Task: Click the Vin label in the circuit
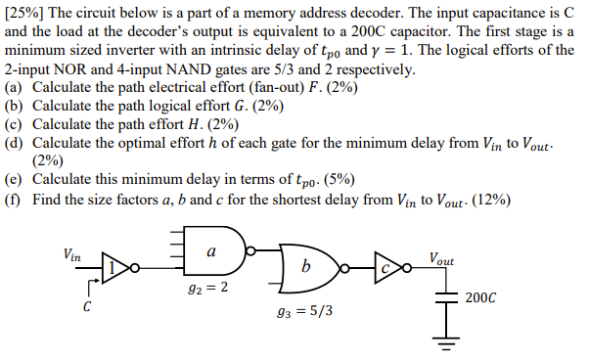71,253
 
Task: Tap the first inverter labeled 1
116,266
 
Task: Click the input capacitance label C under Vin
86,307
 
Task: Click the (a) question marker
14,87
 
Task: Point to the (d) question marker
14,143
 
